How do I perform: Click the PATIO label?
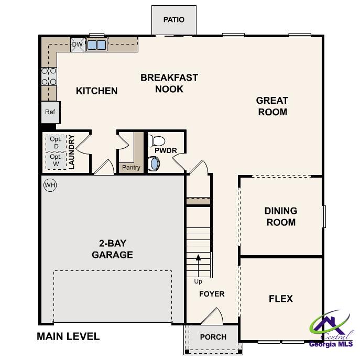(173, 20)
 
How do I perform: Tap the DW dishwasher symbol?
(77, 45)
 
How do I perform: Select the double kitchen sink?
(96, 45)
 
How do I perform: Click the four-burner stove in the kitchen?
(49, 76)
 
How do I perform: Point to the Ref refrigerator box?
(50, 112)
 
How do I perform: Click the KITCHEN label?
(97, 91)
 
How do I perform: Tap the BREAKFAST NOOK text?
(169, 83)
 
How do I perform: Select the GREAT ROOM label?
(272, 106)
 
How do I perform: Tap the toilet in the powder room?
(157, 141)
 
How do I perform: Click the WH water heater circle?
(50, 185)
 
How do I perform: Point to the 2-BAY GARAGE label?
(112, 249)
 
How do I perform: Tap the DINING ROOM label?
(280, 216)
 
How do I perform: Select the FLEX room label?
(280, 299)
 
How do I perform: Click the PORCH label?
(213, 337)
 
